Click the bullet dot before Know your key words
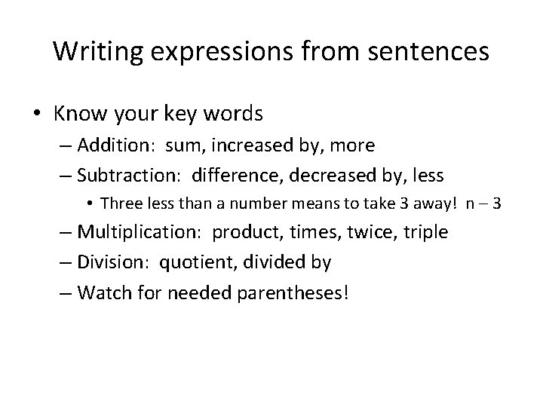[38, 114]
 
